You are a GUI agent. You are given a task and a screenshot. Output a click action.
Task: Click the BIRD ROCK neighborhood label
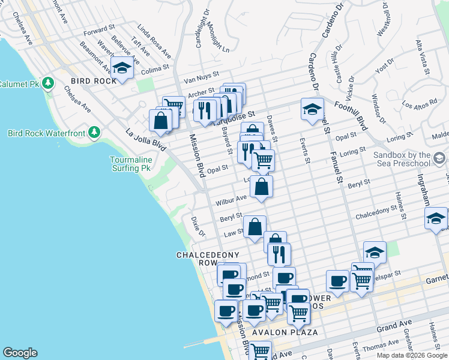point(91,81)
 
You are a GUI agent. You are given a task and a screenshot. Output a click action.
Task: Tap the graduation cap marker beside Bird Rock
point(122,68)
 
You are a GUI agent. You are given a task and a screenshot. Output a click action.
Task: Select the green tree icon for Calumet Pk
point(47,83)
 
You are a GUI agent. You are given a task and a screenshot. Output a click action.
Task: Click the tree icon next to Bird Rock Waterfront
point(94,132)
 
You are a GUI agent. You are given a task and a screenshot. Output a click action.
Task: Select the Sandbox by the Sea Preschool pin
point(439,158)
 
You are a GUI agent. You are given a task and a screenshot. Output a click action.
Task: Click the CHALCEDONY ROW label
point(204,259)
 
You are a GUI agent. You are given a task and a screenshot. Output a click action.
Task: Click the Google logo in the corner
point(20,353)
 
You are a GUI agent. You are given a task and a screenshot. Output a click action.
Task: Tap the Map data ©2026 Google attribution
point(412,355)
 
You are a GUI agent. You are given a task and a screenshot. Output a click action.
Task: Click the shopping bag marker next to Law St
point(255,227)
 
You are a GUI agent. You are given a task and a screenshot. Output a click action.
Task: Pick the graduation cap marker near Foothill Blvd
point(312,110)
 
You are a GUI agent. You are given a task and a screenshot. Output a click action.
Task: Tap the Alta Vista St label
point(421,56)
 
